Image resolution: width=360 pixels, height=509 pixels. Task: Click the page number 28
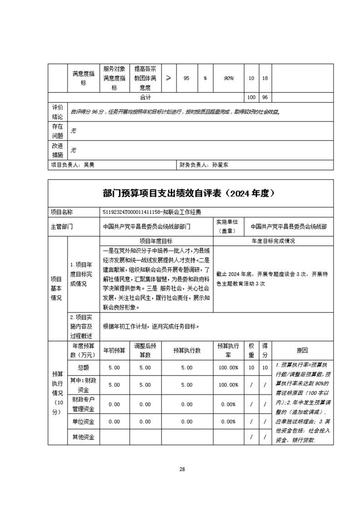pyautogui.click(x=182, y=469)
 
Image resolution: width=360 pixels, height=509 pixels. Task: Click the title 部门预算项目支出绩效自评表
pyautogui.click(x=190, y=193)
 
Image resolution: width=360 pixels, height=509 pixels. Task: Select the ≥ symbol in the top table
pyautogui.click(x=168, y=78)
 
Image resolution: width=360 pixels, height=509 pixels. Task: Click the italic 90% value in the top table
pyautogui.click(x=229, y=78)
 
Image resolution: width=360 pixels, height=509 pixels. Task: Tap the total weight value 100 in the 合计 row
pyautogui.click(x=251, y=98)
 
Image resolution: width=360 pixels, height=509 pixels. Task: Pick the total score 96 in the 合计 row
pyautogui.click(x=265, y=98)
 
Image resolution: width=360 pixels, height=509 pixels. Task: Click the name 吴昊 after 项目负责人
pyautogui.click(x=89, y=166)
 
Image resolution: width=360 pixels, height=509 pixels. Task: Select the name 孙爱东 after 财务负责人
pyautogui.click(x=220, y=166)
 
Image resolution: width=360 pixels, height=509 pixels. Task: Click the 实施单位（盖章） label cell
pyautogui.click(x=230, y=226)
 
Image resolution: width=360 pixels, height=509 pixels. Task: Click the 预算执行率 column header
pyautogui.click(x=228, y=350)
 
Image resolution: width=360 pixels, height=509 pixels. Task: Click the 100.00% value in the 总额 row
pyautogui.click(x=228, y=367)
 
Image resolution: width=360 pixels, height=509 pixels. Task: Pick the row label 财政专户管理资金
pyautogui.click(x=83, y=404)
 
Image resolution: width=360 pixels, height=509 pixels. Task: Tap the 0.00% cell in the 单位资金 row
pyautogui.click(x=228, y=421)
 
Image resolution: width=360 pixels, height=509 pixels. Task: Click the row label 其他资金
pyautogui.click(x=83, y=437)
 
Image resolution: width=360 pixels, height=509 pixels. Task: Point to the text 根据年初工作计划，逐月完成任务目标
pyautogui.click(x=151, y=326)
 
